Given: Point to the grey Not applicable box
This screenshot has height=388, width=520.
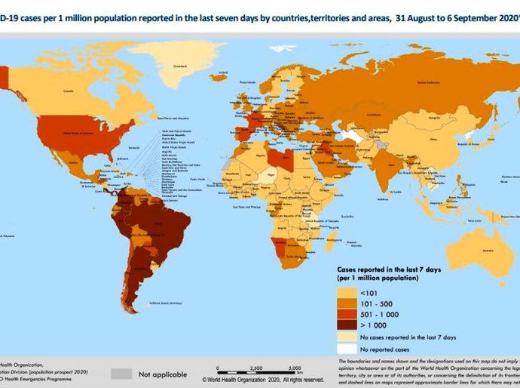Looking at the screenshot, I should click(x=120, y=373).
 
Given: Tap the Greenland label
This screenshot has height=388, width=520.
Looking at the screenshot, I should click(x=180, y=66).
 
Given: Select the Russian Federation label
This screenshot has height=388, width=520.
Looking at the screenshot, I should click(x=427, y=82).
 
